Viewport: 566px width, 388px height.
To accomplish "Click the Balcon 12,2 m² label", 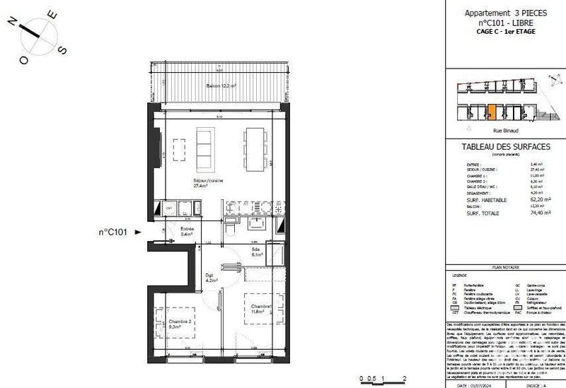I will point(221,86).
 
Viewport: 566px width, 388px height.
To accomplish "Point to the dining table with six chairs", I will point(254,148).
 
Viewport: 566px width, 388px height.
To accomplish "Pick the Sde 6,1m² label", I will point(256,252).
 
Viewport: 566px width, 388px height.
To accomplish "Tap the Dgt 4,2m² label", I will point(209,277).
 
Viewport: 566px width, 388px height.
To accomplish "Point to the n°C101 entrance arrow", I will point(137,230).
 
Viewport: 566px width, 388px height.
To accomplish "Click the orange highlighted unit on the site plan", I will point(492,112).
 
